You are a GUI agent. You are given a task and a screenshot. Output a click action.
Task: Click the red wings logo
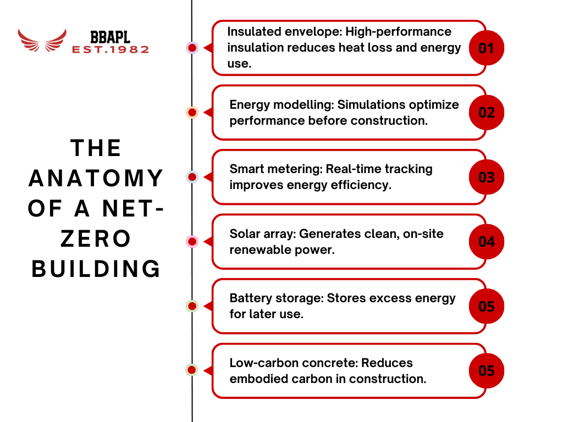pos(42,40)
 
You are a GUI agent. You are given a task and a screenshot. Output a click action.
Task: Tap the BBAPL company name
pos(110,37)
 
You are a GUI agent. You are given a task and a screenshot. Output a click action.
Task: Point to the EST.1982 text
pos(110,49)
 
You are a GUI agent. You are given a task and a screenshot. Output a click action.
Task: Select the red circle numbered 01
pos(487,48)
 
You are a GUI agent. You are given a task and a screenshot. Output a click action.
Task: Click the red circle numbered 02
pos(487,112)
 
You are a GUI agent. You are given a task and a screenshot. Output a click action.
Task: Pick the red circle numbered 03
pos(487,177)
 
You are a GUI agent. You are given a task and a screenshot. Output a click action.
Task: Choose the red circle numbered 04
pos(487,241)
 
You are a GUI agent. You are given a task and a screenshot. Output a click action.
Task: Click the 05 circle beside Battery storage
pos(487,306)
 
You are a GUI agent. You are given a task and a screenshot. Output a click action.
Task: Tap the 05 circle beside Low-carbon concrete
pos(487,370)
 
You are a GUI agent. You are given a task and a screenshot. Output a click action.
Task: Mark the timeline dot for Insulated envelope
pos(192,48)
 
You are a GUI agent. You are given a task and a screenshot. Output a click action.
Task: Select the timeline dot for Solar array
pos(192,241)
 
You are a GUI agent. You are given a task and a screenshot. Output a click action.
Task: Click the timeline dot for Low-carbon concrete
pos(192,370)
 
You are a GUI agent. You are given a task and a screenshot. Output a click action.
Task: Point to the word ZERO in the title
pos(96,239)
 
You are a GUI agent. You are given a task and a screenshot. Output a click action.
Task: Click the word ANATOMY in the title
pos(96,179)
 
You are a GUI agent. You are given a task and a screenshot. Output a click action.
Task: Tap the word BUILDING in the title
pos(96,269)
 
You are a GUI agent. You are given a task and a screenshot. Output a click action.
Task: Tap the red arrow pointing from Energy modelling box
pos(207,112)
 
